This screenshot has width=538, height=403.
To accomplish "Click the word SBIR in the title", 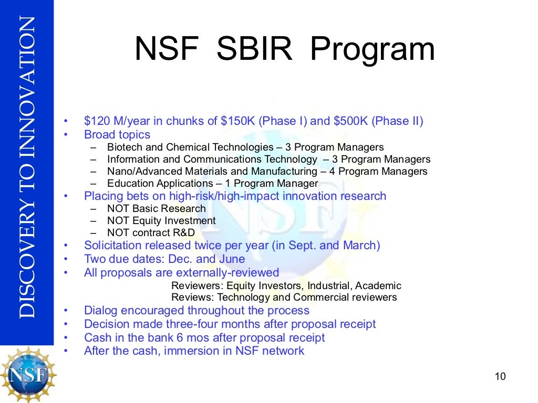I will click(x=254, y=50).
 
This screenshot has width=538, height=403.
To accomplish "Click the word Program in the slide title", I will click(x=372, y=51).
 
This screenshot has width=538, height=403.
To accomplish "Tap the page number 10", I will click(x=500, y=376).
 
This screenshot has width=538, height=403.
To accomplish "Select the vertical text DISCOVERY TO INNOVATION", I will click(x=27, y=168).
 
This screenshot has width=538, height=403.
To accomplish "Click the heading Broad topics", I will click(x=117, y=134).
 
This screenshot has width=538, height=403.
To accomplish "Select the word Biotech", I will click(x=125, y=147).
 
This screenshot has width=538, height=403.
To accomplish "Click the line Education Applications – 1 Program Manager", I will click(x=212, y=184).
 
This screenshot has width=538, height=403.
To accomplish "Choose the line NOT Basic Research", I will click(x=156, y=208).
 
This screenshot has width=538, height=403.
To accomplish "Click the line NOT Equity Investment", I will click(x=161, y=221).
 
